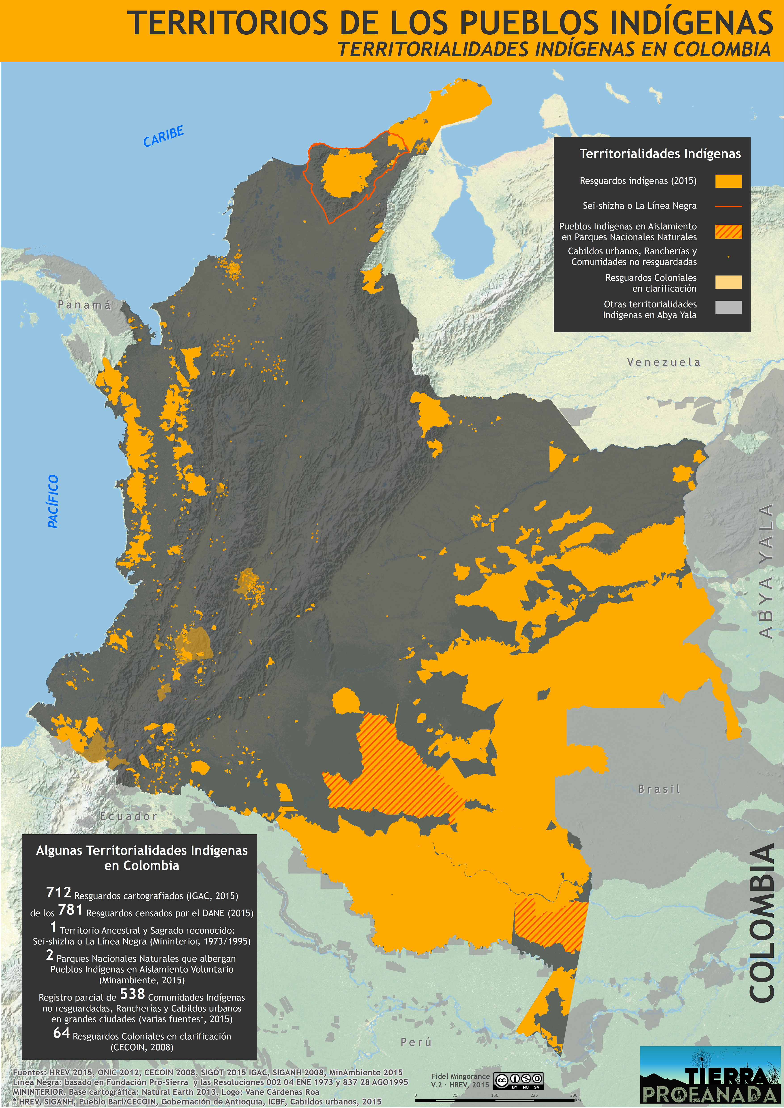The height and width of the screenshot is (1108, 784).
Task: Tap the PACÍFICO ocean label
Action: tap(53, 501)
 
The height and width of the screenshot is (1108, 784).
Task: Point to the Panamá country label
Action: tap(84, 305)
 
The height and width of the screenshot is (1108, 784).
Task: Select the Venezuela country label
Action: tap(663, 362)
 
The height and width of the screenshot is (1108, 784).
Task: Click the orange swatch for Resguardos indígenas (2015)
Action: tap(728, 181)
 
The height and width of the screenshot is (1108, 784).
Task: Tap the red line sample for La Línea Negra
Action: tap(728, 206)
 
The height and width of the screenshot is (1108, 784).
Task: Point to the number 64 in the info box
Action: tap(61, 1033)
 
